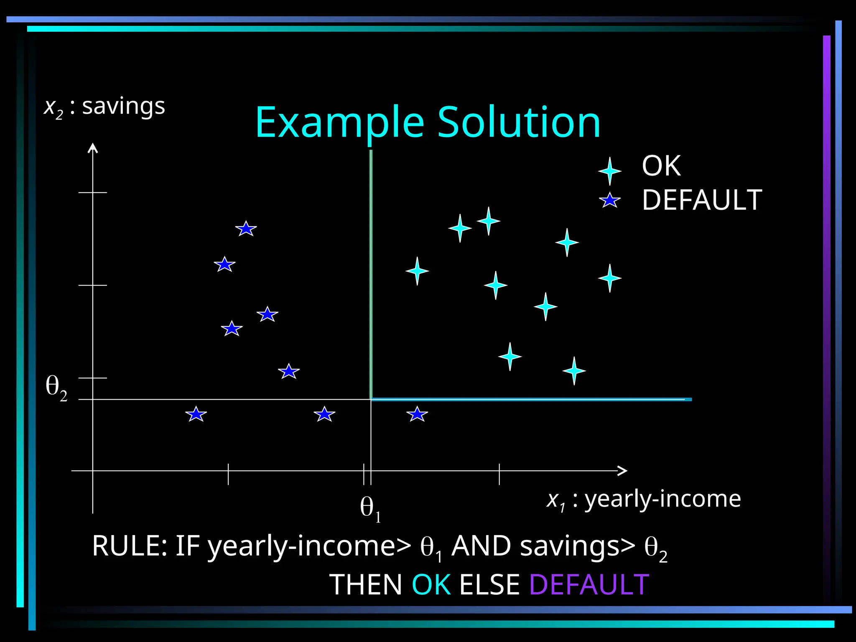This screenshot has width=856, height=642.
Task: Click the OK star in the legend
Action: click(x=609, y=171)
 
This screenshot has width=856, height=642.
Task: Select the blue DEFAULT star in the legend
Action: click(x=609, y=201)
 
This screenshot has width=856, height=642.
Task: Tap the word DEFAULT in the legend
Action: click(x=702, y=200)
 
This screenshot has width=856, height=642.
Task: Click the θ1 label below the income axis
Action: click(x=370, y=509)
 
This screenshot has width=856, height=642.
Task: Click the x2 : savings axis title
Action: click(x=104, y=107)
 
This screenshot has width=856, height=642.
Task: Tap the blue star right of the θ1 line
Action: click(x=417, y=414)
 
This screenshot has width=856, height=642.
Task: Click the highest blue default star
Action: click(x=246, y=229)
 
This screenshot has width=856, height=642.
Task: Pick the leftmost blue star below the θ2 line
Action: click(x=196, y=414)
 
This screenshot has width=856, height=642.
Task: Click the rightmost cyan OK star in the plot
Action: click(x=609, y=278)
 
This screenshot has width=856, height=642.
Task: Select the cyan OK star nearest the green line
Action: click(x=417, y=271)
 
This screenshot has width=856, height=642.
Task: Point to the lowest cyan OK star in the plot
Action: click(x=574, y=371)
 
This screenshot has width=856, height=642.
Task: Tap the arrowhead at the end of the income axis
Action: click(x=623, y=471)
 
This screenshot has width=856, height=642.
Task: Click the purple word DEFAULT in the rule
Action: click(x=589, y=585)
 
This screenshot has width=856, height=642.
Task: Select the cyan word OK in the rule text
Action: click(x=431, y=585)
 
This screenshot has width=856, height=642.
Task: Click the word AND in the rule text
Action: click(x=481, y=546)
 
